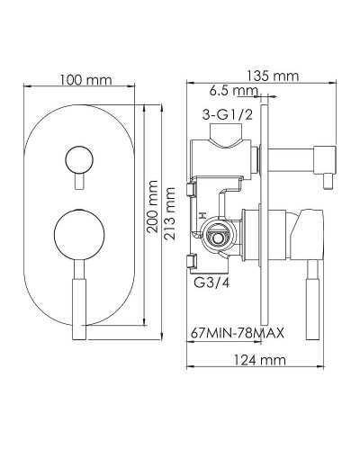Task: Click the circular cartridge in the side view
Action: pyautogui.click(x=218, y=238)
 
